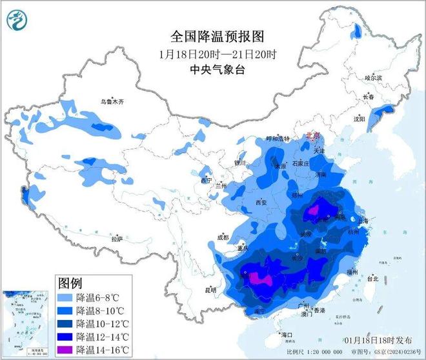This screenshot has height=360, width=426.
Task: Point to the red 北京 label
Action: coord(312,136)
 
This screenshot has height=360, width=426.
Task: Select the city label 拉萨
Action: coord(117,239)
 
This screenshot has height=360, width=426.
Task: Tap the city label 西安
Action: coord(261,203)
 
